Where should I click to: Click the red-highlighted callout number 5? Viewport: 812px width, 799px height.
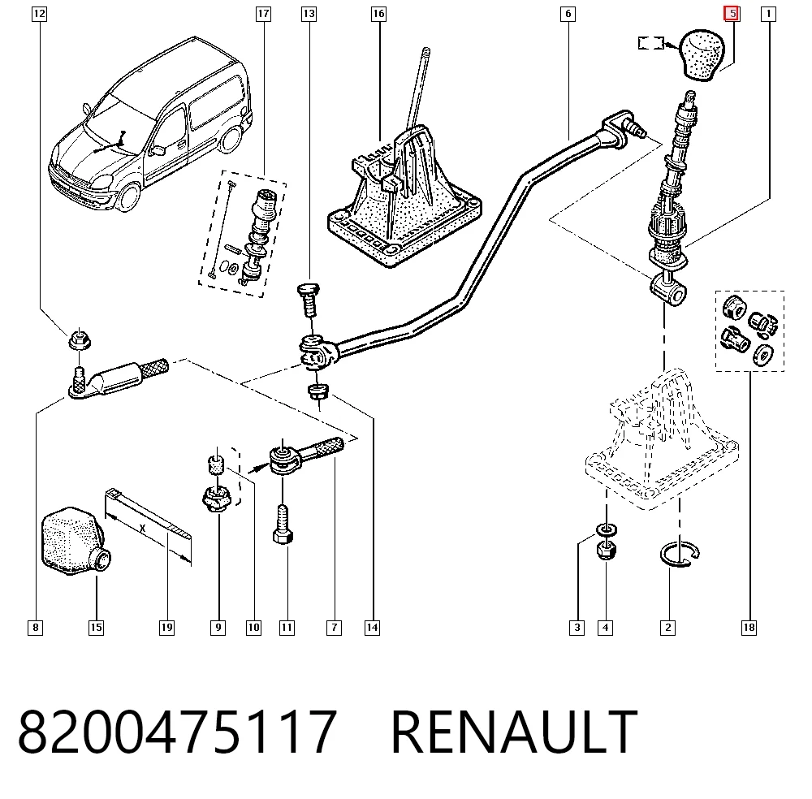point(732,14)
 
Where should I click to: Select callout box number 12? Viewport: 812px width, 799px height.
point(39,14)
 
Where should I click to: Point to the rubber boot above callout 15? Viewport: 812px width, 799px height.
point(75,541)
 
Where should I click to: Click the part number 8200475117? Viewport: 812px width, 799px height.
point(178,731)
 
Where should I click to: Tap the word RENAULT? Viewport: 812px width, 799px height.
point(514,731)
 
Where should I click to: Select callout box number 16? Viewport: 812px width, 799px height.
point(378,14)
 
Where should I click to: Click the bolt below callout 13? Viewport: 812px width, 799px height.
point(309,300)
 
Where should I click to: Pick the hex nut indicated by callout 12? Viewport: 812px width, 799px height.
point(79,341)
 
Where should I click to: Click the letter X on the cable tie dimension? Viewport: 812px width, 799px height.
point(143,529)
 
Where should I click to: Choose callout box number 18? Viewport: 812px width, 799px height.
point(749,628)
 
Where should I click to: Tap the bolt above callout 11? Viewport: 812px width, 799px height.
point(283,524)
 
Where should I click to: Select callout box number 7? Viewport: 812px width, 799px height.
point(334,628)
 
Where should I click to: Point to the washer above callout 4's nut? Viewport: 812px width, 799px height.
point(606,529)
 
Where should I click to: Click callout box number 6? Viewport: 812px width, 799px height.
point(568,14)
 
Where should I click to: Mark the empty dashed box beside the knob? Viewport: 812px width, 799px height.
point(651,43)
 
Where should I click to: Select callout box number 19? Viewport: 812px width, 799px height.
point(166,628)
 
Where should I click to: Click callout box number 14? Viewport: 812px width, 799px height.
point(372,628)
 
